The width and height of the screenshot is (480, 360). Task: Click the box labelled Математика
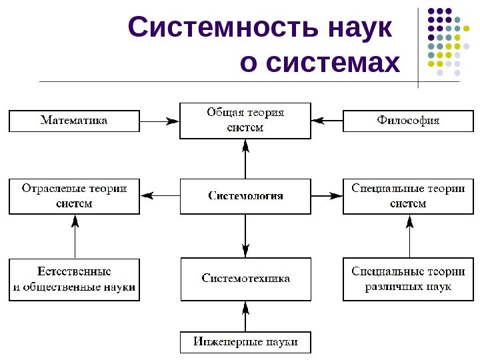[x=74, y=121]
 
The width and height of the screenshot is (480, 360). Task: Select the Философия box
[x=408, y=121]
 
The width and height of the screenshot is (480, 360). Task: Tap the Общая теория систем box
[x=245, y=121]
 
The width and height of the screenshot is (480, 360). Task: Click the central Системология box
[x=245, y=196]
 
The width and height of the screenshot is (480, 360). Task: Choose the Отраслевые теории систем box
[x=74, y=196]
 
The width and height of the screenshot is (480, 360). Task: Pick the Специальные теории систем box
[x=408, y=196]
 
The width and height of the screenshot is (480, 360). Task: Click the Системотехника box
[x=245, y=279]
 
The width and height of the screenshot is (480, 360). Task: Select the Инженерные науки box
[x=245, y=343]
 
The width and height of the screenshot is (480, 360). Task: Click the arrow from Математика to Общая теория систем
[x=160, y=121]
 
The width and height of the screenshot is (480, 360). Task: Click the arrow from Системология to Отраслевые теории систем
[x=160, y=196]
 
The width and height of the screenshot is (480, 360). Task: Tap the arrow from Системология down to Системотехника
[x=245, y=236]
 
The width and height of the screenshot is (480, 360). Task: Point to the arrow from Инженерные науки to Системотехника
[x=245, y=316]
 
